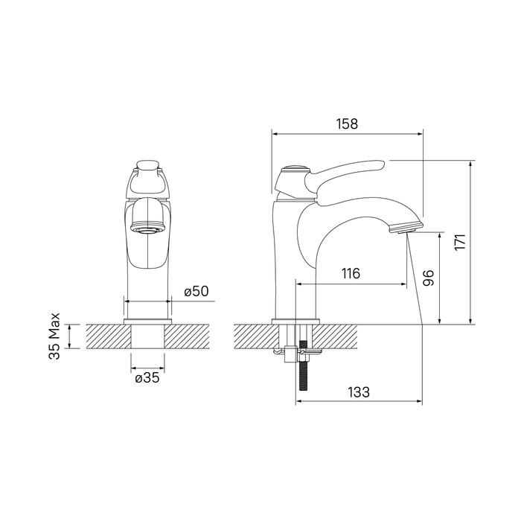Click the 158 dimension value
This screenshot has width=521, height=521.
(348, 124)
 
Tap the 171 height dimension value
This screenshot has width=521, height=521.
(461, 242)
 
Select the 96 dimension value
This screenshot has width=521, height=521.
(428, 278)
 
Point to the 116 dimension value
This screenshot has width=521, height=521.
(351, 273)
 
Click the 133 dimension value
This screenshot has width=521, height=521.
(359, 392)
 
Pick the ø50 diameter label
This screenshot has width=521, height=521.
(196, 291)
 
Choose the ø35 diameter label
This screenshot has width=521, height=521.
(147, 378)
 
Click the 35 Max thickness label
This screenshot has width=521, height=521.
(54, 336)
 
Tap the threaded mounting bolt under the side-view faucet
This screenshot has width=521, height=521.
(304, 365)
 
